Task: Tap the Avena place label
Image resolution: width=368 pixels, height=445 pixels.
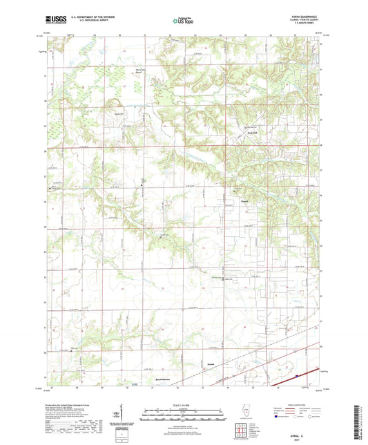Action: pos(211,364)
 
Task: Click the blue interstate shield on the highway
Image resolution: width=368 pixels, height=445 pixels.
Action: pos(296,376)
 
